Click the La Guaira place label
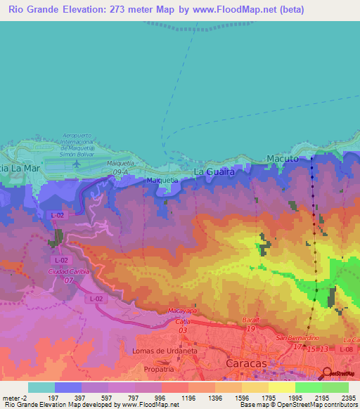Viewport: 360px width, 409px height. [213, 171]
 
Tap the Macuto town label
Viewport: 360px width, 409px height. [284, 160]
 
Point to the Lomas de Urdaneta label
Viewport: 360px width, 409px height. [161, 349]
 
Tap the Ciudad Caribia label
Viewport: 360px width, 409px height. [70, 272]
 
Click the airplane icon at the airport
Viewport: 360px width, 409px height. [75, 164]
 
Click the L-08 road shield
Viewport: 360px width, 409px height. [345, 349]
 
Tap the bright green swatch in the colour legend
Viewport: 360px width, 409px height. [309, 387]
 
